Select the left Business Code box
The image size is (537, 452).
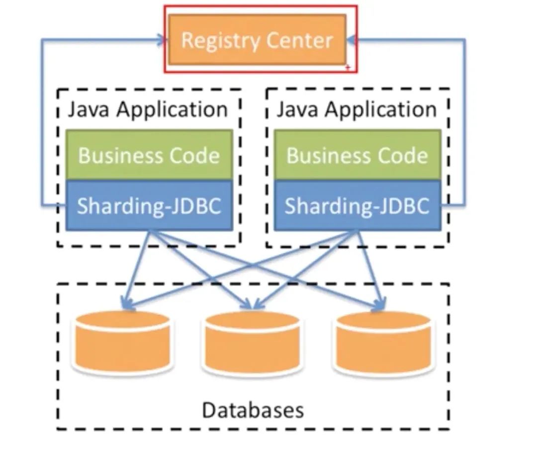149,155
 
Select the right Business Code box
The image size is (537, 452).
357,155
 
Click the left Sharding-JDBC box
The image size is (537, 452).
149,205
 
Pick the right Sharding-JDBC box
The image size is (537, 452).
357,205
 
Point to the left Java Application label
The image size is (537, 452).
148,109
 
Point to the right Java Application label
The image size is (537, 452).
357,109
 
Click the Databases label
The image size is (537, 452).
253,410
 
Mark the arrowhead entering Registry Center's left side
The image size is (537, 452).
162,40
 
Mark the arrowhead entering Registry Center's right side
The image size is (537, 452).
352,40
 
